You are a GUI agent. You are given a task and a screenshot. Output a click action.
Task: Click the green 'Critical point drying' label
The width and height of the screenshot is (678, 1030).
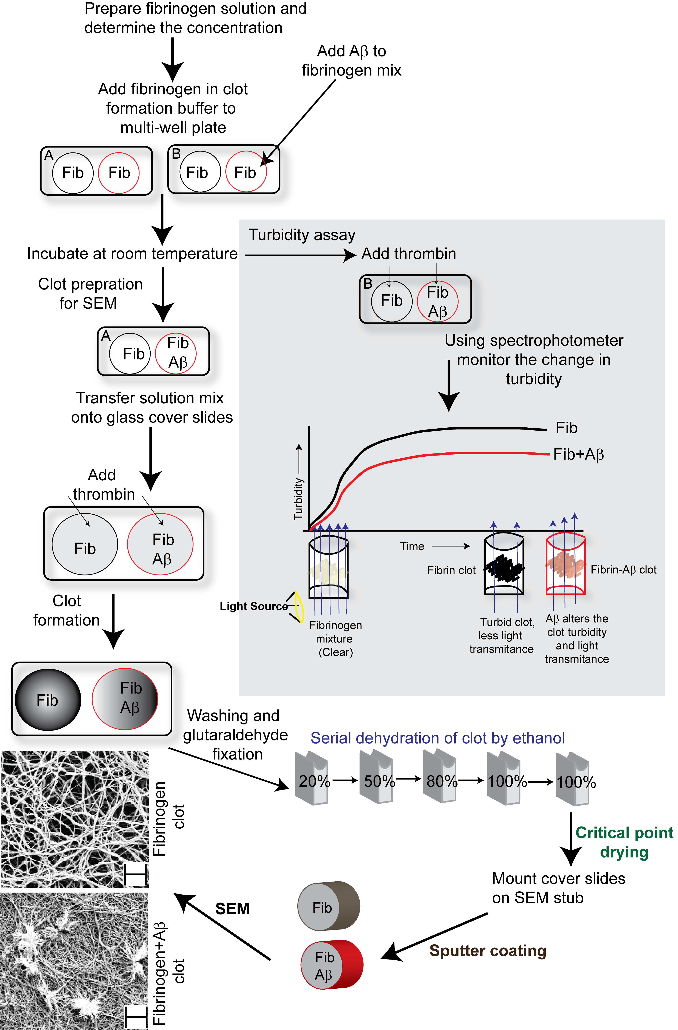click(x=624, y=842)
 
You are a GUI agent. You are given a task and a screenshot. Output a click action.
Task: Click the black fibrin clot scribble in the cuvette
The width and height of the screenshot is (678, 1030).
click(x=504, y=567)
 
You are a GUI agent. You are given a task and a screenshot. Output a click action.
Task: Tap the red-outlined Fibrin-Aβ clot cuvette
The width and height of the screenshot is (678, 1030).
click(x=565, y=565)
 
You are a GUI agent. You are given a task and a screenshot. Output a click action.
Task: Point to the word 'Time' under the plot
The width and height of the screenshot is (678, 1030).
click(x=412, y=547)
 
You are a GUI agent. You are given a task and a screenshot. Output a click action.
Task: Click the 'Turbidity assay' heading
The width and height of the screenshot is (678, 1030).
click(x=302, y=235)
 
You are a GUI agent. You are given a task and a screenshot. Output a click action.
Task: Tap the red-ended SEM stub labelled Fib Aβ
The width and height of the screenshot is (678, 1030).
click(x=332, y=965)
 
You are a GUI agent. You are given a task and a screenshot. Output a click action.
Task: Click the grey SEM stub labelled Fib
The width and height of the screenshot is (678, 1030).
click(x=329, y=907)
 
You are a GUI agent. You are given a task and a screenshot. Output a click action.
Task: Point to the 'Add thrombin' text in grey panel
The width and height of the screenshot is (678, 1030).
click(x=409, y=254)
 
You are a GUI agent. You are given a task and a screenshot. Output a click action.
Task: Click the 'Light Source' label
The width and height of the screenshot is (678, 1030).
click(x=253, y=606)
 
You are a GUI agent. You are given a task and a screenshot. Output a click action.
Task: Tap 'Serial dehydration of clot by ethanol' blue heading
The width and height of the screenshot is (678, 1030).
click(x=438, y=738)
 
